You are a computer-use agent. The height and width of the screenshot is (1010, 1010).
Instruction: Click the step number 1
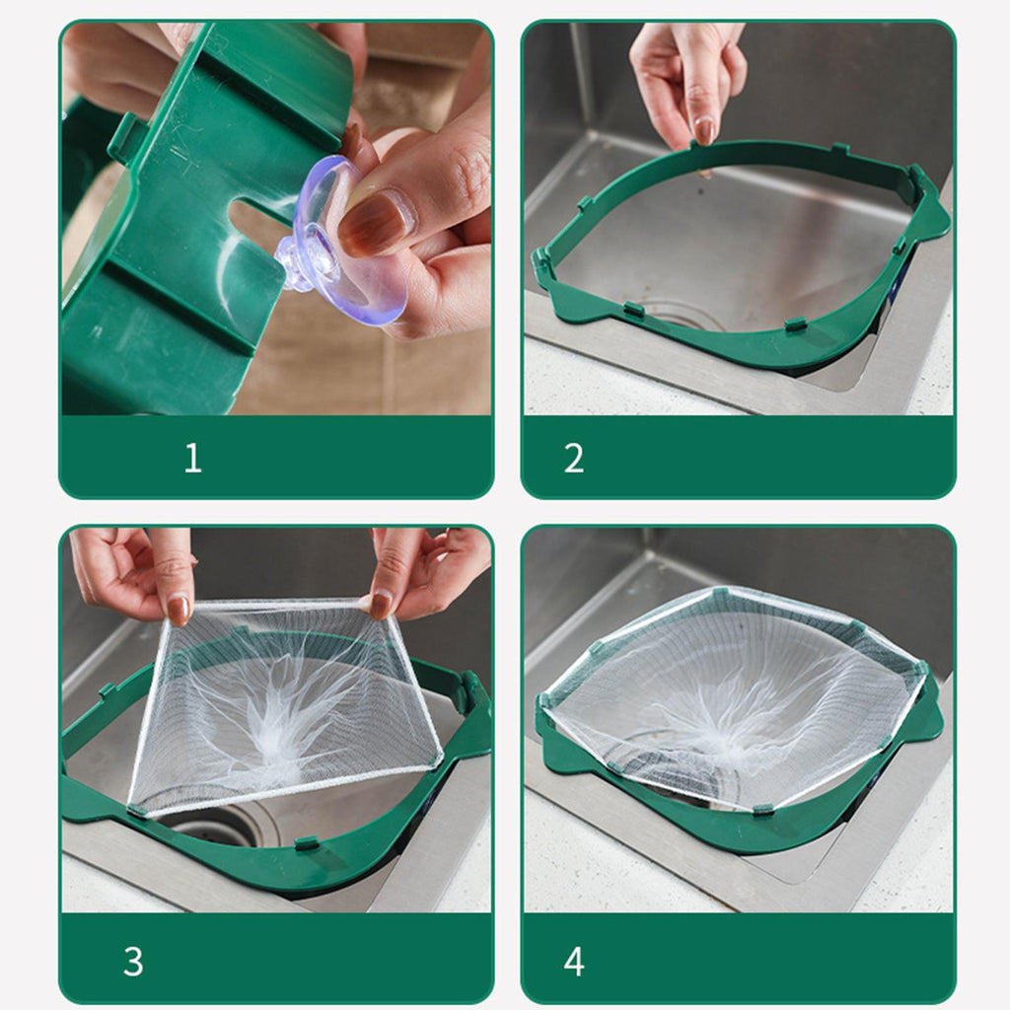pos(192,459)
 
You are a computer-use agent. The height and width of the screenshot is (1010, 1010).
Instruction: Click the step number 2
pos(574,459)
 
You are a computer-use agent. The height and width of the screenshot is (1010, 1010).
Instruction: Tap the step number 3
pos(133,962)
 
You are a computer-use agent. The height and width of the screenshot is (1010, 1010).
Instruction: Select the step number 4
pos(574,962)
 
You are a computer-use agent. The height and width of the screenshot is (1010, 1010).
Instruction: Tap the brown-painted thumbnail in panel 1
pos(374,223)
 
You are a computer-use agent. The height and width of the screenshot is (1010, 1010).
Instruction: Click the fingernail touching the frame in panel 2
pos(704,131)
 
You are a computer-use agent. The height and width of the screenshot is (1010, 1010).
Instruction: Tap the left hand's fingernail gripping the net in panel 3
pos(179,609)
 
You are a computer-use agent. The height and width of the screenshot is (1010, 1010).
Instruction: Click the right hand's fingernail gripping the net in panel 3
pos(381,606)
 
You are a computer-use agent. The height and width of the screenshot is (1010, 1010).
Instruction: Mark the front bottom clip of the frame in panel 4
pos(762,809)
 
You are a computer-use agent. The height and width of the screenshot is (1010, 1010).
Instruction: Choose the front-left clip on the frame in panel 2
pos(634,310)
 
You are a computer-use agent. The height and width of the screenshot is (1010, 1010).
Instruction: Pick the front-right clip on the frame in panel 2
pos(796,324)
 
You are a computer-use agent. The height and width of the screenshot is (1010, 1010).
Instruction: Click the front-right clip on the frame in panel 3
pos(307,842)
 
